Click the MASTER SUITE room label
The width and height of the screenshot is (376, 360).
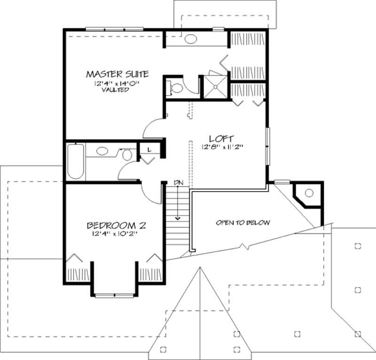pyautogui.click(x=117, y=74)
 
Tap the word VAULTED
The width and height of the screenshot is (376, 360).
pyautogui.click(x=115, y=89)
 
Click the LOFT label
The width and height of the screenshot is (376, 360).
pyautogui.click(x=219, y=139)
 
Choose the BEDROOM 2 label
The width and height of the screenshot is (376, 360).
pyautogui.click(x=116, y=225)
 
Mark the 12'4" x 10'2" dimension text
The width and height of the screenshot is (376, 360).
pyautogui.click(x=114, y=234)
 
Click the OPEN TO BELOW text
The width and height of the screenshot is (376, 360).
pyautogui.click(x=243, y=223)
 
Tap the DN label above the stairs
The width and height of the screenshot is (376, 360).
pyautogui.click(x=178, y=182)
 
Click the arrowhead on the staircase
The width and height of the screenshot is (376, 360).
pyautogui.click(x=178, y=218)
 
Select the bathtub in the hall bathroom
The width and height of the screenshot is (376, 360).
pyautogui.click(x=76, y=161)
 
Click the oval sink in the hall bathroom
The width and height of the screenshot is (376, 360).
pyautogui.click(x=102, y=152)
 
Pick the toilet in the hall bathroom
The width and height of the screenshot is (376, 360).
pyautogui.click(x=127, y=154)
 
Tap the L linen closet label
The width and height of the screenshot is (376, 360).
pyautogui.click(x=149, y=149)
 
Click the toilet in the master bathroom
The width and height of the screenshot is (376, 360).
pyautogui.click(x=176, y=88)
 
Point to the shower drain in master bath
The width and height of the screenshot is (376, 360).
pyautogui.click(x=215, y=86)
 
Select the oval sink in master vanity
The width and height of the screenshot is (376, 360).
pyautogui.click(x=190, y=39)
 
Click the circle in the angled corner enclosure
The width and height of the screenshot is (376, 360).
pyautogui.click(x=309, y=192)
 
